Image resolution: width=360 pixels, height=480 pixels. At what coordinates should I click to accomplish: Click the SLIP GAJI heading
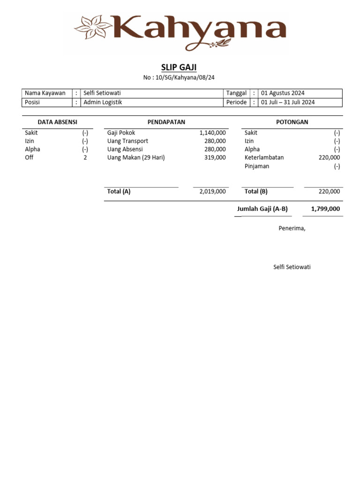pos(179,67)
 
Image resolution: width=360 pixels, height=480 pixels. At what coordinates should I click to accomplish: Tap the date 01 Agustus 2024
pos(283,93)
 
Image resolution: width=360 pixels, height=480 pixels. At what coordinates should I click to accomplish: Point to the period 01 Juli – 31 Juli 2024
pos(288,102)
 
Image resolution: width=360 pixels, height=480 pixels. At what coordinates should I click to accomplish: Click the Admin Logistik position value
pos(103,102)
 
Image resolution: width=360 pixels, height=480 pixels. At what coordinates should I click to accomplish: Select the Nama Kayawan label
pos(45,93)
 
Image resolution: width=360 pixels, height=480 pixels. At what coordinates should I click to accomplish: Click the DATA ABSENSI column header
pos(57,122)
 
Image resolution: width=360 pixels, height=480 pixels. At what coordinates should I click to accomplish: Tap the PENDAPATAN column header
pos(166,122)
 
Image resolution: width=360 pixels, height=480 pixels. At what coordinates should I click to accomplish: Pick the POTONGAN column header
pos(292,122)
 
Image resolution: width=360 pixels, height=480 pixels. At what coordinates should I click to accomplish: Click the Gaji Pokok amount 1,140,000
pos(212,133)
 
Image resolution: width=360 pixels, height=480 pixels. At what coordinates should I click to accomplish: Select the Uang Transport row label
pos(127,141)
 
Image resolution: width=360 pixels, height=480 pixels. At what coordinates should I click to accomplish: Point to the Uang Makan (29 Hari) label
pos(136,157)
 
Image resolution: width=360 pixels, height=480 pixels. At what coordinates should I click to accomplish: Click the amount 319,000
pos(215,157)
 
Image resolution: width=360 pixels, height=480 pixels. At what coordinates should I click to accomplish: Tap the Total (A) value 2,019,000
pos(212,191)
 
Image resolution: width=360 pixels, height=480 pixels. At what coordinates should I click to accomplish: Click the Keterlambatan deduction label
pos(264,157)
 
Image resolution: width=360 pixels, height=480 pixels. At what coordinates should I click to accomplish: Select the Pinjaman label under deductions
pos(257,166)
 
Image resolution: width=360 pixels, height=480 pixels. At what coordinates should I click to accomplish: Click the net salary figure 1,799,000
pos(325,209)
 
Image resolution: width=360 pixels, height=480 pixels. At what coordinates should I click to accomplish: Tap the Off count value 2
pos(85,157)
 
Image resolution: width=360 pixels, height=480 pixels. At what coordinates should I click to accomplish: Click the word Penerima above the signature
pos(292,228)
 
